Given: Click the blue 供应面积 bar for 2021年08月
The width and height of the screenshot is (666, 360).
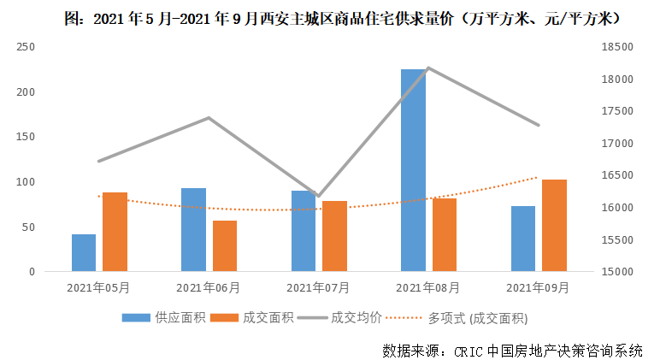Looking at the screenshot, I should click(413, 170).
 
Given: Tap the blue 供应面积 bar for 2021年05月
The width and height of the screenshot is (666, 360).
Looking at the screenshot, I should click(84, 252).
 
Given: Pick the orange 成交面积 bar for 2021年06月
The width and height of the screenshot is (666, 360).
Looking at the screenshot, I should click(225, 246).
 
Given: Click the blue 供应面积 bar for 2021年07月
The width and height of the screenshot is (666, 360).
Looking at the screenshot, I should click(304, 231).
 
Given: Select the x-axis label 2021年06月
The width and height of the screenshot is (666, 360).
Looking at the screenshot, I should click(209, 288).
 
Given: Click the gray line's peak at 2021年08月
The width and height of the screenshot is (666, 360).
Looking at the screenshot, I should click(428, 68).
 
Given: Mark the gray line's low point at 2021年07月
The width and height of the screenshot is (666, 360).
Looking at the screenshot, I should click(318, 197).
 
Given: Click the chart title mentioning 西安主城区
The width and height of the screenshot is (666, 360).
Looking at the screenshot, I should click(342, 16).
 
